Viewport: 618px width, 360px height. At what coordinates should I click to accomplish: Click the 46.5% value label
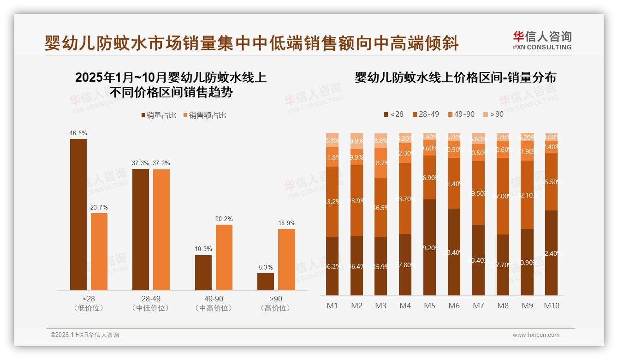click(x=78, y=133)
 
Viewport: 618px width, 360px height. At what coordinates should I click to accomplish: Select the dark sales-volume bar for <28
click(x=78, y=214)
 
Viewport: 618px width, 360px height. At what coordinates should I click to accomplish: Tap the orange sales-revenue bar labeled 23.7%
click(x=99, y=252)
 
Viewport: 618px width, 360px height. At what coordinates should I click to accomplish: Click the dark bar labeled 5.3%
click(x=266, y=282)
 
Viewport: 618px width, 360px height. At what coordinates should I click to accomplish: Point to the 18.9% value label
click(x=286, y=223)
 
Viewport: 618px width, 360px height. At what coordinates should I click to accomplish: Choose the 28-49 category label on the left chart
click(x=151, y=299)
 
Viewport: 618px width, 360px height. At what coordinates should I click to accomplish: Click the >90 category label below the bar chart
click(x=276, y=299)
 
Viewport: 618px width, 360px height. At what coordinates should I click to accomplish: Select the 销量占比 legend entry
click(x=158, y=115)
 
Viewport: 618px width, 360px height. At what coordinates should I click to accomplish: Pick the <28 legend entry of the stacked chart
click(x=393, y=114)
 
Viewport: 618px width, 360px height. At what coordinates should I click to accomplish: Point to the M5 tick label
click(x=429, y=306)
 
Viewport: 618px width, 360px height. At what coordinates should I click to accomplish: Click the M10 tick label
click(x=552, y=306)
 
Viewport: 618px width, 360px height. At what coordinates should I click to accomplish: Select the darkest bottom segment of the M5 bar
click(x=429, y=247)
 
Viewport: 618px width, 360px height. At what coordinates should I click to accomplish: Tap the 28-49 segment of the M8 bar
click(x=503, y=196)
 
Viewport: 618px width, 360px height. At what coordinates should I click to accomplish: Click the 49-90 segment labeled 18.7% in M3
click(x=380, y=162)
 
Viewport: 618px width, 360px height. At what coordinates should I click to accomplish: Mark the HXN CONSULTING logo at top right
click(x=542, y=40)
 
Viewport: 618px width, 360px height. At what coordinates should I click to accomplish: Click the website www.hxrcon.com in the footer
click(x=536, y=335)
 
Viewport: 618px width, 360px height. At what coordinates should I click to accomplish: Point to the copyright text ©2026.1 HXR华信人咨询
click(x=85, y=335)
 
